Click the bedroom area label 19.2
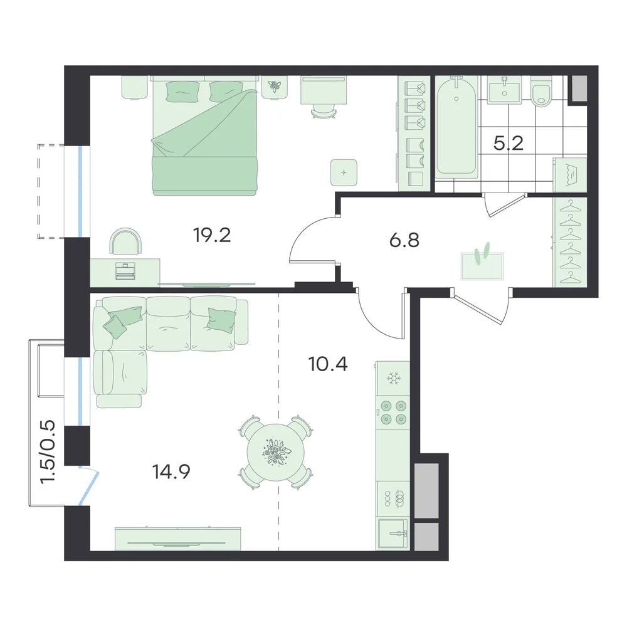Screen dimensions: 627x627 coord(212,235)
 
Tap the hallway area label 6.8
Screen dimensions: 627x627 coord(404,241)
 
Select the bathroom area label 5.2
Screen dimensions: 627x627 coord(508,143)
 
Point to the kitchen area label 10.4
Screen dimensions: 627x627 coord(328,364)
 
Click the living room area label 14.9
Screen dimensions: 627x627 coord(171,472)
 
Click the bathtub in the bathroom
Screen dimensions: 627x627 coord(456,127)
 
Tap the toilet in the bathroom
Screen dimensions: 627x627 coord(542,93)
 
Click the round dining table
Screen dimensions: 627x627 coord(275,452)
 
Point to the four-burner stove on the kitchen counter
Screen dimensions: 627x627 coord(393,413)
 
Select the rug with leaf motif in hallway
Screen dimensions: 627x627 coord(482,264)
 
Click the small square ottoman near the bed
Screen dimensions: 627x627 coord(344,172)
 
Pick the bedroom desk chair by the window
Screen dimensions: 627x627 coord(127,241)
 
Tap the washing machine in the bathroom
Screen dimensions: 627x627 coord(570,174)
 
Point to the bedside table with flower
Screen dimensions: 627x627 coord(275,87)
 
